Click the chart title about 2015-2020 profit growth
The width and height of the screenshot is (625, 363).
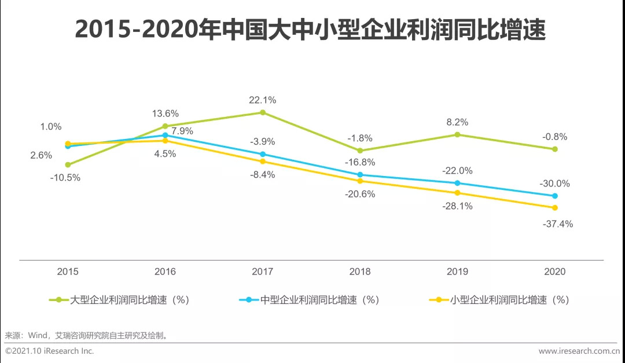point(311,30)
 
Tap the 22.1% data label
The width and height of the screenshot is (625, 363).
point(262,100)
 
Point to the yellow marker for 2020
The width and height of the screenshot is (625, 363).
point(554,207)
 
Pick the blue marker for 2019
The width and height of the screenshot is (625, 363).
point(457,183)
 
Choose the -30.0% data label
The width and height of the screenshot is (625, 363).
point(555,184)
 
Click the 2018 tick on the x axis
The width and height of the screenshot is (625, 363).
point(359,272)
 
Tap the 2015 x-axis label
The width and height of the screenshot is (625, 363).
point(68,272)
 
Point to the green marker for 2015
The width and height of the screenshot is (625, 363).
point(68,164)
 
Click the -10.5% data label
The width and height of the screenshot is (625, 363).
point(65,178)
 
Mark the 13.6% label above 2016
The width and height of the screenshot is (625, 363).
point(165,113)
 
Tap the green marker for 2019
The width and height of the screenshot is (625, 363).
point(457,134)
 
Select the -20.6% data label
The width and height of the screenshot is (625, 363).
point(360,194)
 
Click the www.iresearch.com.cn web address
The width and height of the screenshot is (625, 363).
point(579,351)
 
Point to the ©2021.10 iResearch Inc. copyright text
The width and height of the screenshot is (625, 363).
point(50,351)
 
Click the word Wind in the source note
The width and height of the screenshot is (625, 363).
point(38,335)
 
